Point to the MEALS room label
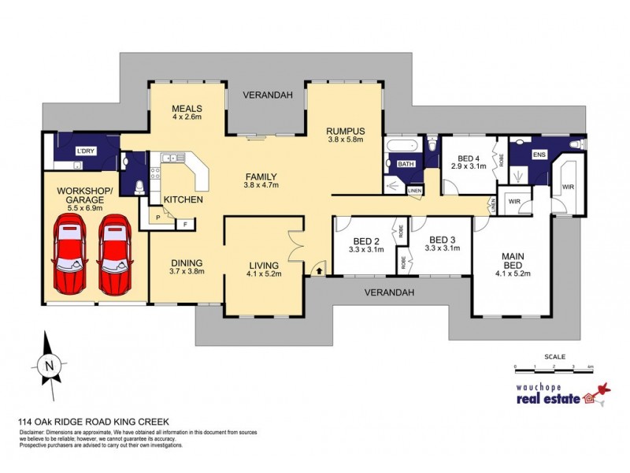[x=187, y=109]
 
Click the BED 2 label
[x=367, y=240]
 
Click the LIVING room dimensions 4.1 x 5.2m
[x=263, y=275]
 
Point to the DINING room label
[x=187, y=263]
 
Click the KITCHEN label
[x=183, y=199]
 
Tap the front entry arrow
[x=319, y=270]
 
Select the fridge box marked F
[x=186, y=225]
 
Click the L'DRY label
[x=85, y=151]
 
